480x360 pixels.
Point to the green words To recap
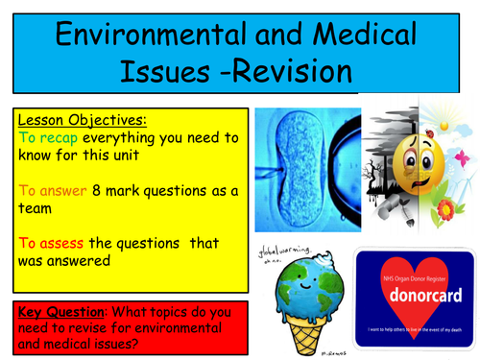point(47,138)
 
